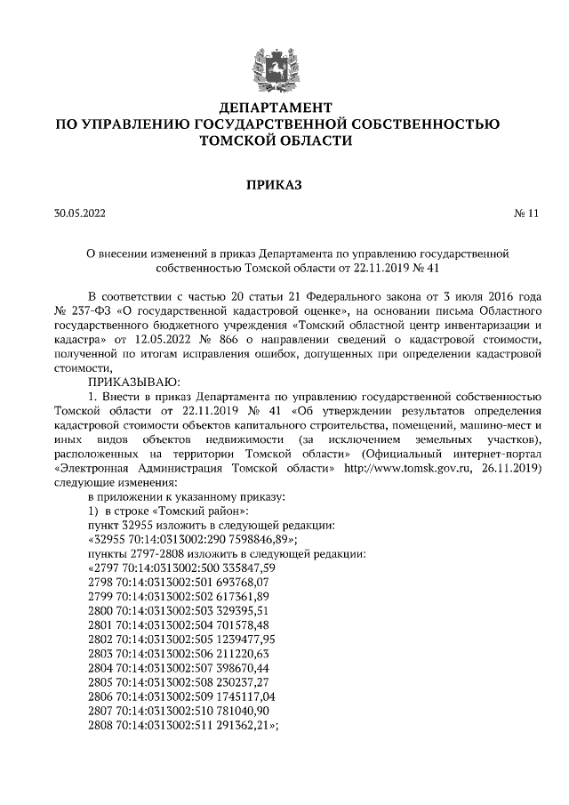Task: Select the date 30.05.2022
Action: pos(79,213)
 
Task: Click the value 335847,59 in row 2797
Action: pos(245,567)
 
